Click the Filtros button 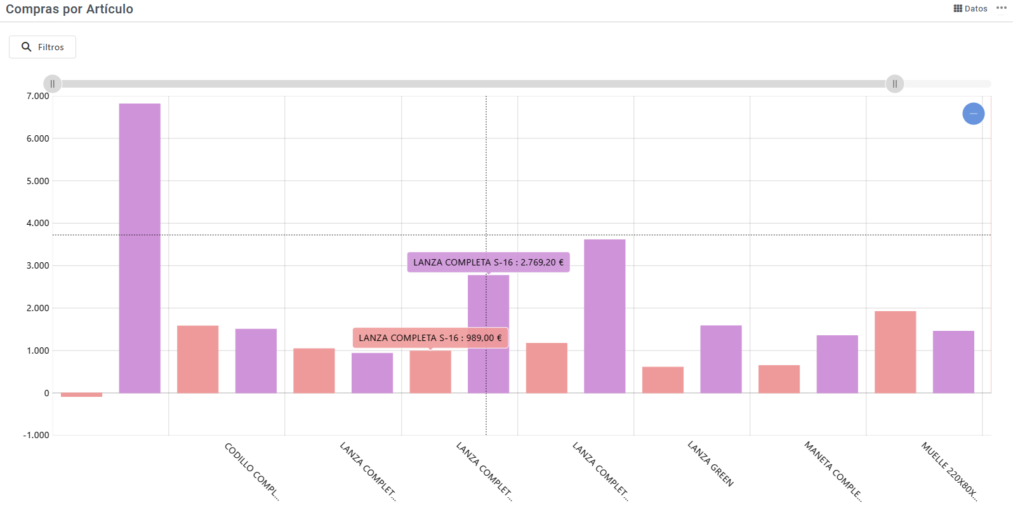pos(43,47)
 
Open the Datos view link pos(970,8)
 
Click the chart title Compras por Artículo pos(69,9)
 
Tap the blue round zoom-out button pos(973,114)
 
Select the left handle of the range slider pos(53,84)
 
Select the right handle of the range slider pos(894,84)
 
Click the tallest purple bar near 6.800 pos(140,248)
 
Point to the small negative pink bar pos(81,395)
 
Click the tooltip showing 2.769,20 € pos(488,262)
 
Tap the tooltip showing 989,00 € pos(430,338)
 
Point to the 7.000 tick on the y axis pos(37,96)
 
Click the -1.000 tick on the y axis pos(36,435)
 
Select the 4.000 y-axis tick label pos(37,223)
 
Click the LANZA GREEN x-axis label pos(711,464)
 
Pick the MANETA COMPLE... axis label pos(833,471)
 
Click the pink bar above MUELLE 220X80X pos(895,352)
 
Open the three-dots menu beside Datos pos(1002,8)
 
